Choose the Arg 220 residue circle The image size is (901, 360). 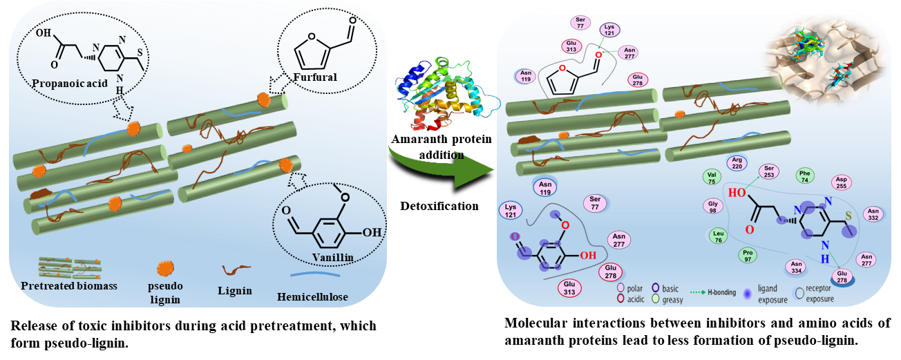tap(737, 163)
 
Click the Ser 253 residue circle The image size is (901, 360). tap(769, 171)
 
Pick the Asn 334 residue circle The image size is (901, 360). tap(796, 267)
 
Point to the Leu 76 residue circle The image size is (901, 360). tap(718, 236)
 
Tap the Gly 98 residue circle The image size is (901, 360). tap(714, 206)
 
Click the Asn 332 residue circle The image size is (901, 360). tap(873, 215)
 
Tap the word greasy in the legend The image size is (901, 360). tap(672, 300)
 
